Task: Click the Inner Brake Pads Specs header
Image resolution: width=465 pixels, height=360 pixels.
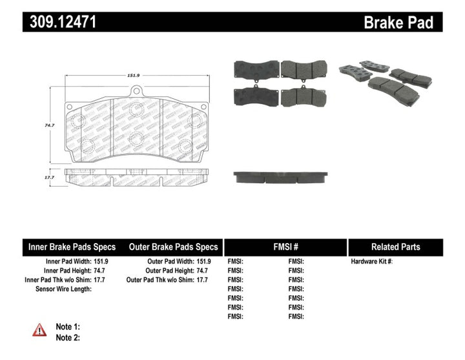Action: click(x=72, y=247)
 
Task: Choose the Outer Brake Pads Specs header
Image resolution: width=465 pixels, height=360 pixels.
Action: click(x=173, y=247)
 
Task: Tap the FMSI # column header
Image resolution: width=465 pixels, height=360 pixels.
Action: click(x=285, y=247)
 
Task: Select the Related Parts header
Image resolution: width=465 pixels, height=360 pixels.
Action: click(x=395, y=247)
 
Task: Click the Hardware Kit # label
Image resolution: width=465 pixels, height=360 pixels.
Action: click(x=371, y=262)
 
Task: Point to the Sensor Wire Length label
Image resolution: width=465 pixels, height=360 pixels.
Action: click(x=63, y=289)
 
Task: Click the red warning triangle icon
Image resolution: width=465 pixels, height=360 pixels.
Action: click(x=39, y=330)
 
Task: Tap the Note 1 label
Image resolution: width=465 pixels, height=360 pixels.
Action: click(x=68, y=326)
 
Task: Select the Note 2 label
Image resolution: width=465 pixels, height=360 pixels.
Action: click(x=68, y=337)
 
